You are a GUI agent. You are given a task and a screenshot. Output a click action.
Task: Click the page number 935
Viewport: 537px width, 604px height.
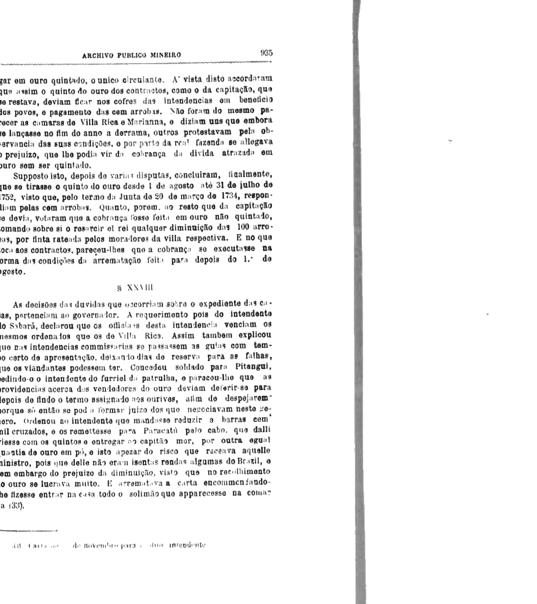(x=266, y=54)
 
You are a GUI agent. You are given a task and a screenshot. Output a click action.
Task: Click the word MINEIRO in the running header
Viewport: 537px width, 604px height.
(x=162, y=55)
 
